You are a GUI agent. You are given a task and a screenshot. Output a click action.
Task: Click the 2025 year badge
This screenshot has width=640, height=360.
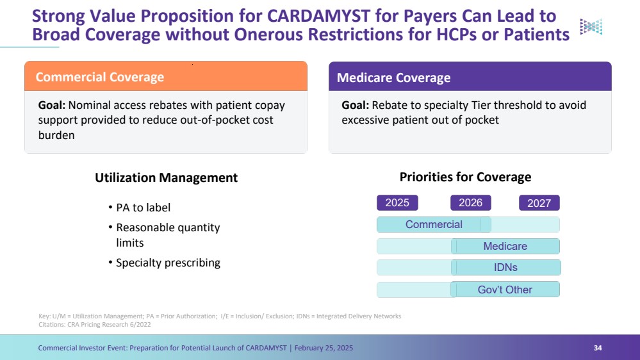tap(397, 202)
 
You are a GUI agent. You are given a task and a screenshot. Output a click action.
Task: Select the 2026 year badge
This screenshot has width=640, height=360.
tap(471, 202)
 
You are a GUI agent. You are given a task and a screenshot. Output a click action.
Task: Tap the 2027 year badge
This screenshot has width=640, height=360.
tap(539, 203)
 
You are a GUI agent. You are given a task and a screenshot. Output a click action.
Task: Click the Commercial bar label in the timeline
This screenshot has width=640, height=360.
tap(434, 224)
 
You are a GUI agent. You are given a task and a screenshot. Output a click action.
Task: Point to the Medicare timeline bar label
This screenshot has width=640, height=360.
tap(505, 246)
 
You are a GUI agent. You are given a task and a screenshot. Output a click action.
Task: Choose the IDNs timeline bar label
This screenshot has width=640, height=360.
tap(505, 267)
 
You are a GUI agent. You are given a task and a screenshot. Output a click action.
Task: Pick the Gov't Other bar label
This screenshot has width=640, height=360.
tap(505, 290)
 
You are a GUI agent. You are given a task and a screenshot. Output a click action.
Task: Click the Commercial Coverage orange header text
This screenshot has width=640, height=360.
tap(100, 77)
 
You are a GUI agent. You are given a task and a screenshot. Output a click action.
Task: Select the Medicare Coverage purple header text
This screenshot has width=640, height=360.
tap(393, 78)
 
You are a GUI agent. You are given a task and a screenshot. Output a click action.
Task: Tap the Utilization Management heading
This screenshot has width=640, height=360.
tap(166, 177)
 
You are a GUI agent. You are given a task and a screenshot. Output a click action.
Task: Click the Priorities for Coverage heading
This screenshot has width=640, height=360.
tap(465, 177)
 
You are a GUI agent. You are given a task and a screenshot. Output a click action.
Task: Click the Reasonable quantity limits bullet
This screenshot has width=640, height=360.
tap(167, 235)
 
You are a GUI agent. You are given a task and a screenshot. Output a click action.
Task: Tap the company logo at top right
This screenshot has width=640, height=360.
tap(591, 26)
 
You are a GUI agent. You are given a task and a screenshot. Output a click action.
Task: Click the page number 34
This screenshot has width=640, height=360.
tap(598, 348)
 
